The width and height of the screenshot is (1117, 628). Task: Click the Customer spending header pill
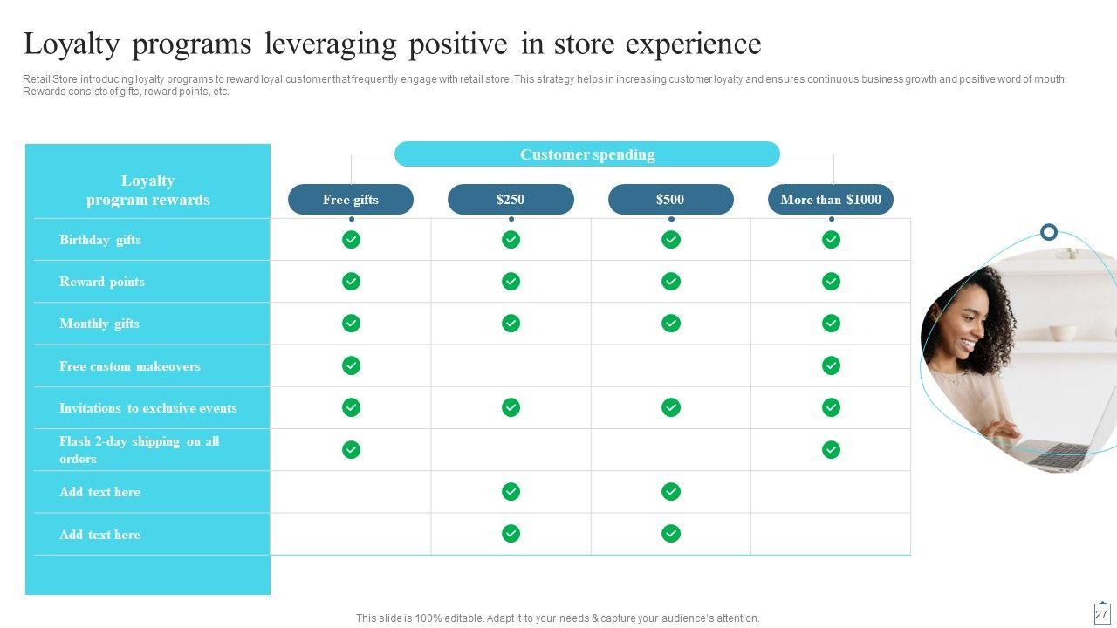587,154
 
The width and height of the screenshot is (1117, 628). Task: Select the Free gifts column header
351,200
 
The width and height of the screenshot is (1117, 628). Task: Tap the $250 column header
511,200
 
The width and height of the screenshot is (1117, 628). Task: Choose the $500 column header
671,200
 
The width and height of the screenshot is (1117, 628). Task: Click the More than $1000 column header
831,200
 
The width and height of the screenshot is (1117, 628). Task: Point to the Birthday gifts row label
100,240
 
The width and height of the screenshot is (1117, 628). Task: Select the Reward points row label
102,282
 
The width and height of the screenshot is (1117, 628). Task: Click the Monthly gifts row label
99,324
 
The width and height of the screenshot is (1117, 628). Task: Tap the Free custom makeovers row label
130,366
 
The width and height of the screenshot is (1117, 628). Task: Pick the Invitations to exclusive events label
148,408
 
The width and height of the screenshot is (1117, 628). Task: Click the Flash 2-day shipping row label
139,450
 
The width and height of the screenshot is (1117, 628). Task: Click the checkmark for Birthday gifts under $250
511,240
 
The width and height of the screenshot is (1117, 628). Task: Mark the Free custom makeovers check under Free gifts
351,365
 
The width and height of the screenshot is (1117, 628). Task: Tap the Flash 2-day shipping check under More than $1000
831,449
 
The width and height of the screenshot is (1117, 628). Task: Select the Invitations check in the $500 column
671,407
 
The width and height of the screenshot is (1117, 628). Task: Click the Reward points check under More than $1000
831,282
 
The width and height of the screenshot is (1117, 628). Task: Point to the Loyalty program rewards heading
147,190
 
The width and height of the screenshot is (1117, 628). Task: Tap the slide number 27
1101,615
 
